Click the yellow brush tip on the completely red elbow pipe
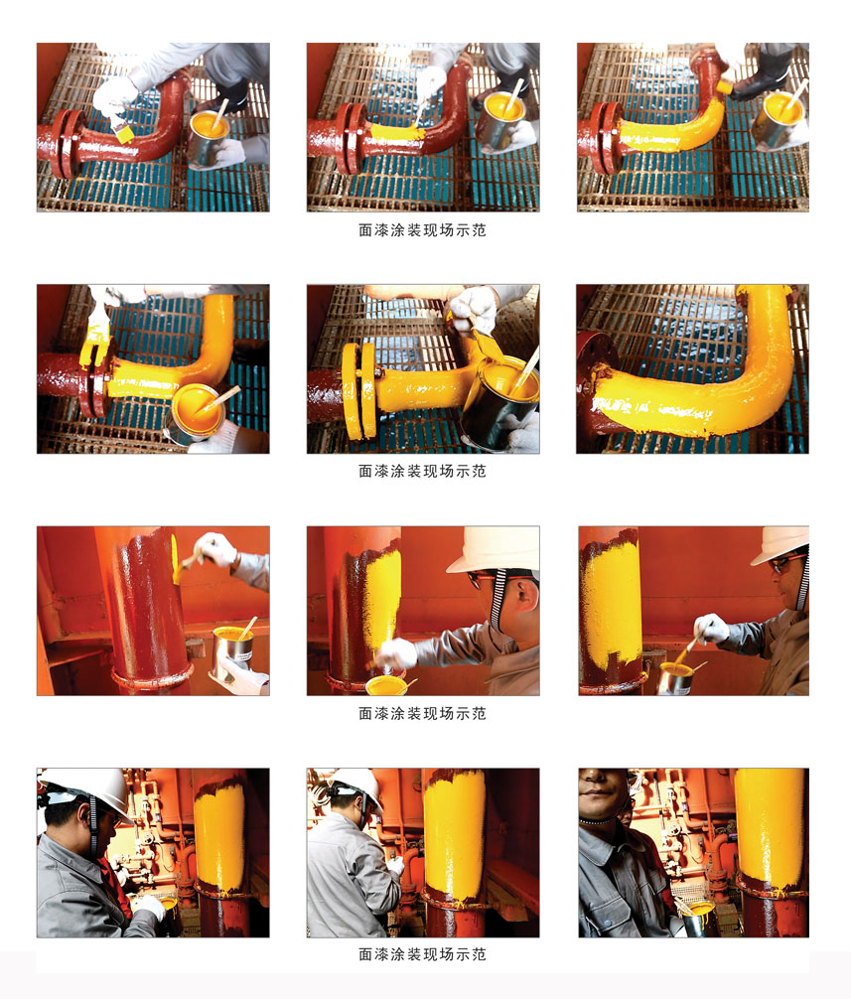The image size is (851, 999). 123,134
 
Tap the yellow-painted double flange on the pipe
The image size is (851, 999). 359,390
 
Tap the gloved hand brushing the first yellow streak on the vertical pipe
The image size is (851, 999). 214,549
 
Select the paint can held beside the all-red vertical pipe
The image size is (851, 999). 233,652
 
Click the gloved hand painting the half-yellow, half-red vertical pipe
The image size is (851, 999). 396,654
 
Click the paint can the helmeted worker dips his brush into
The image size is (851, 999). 675,679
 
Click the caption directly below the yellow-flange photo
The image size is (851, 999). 422,471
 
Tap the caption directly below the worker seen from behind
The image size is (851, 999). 422,953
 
